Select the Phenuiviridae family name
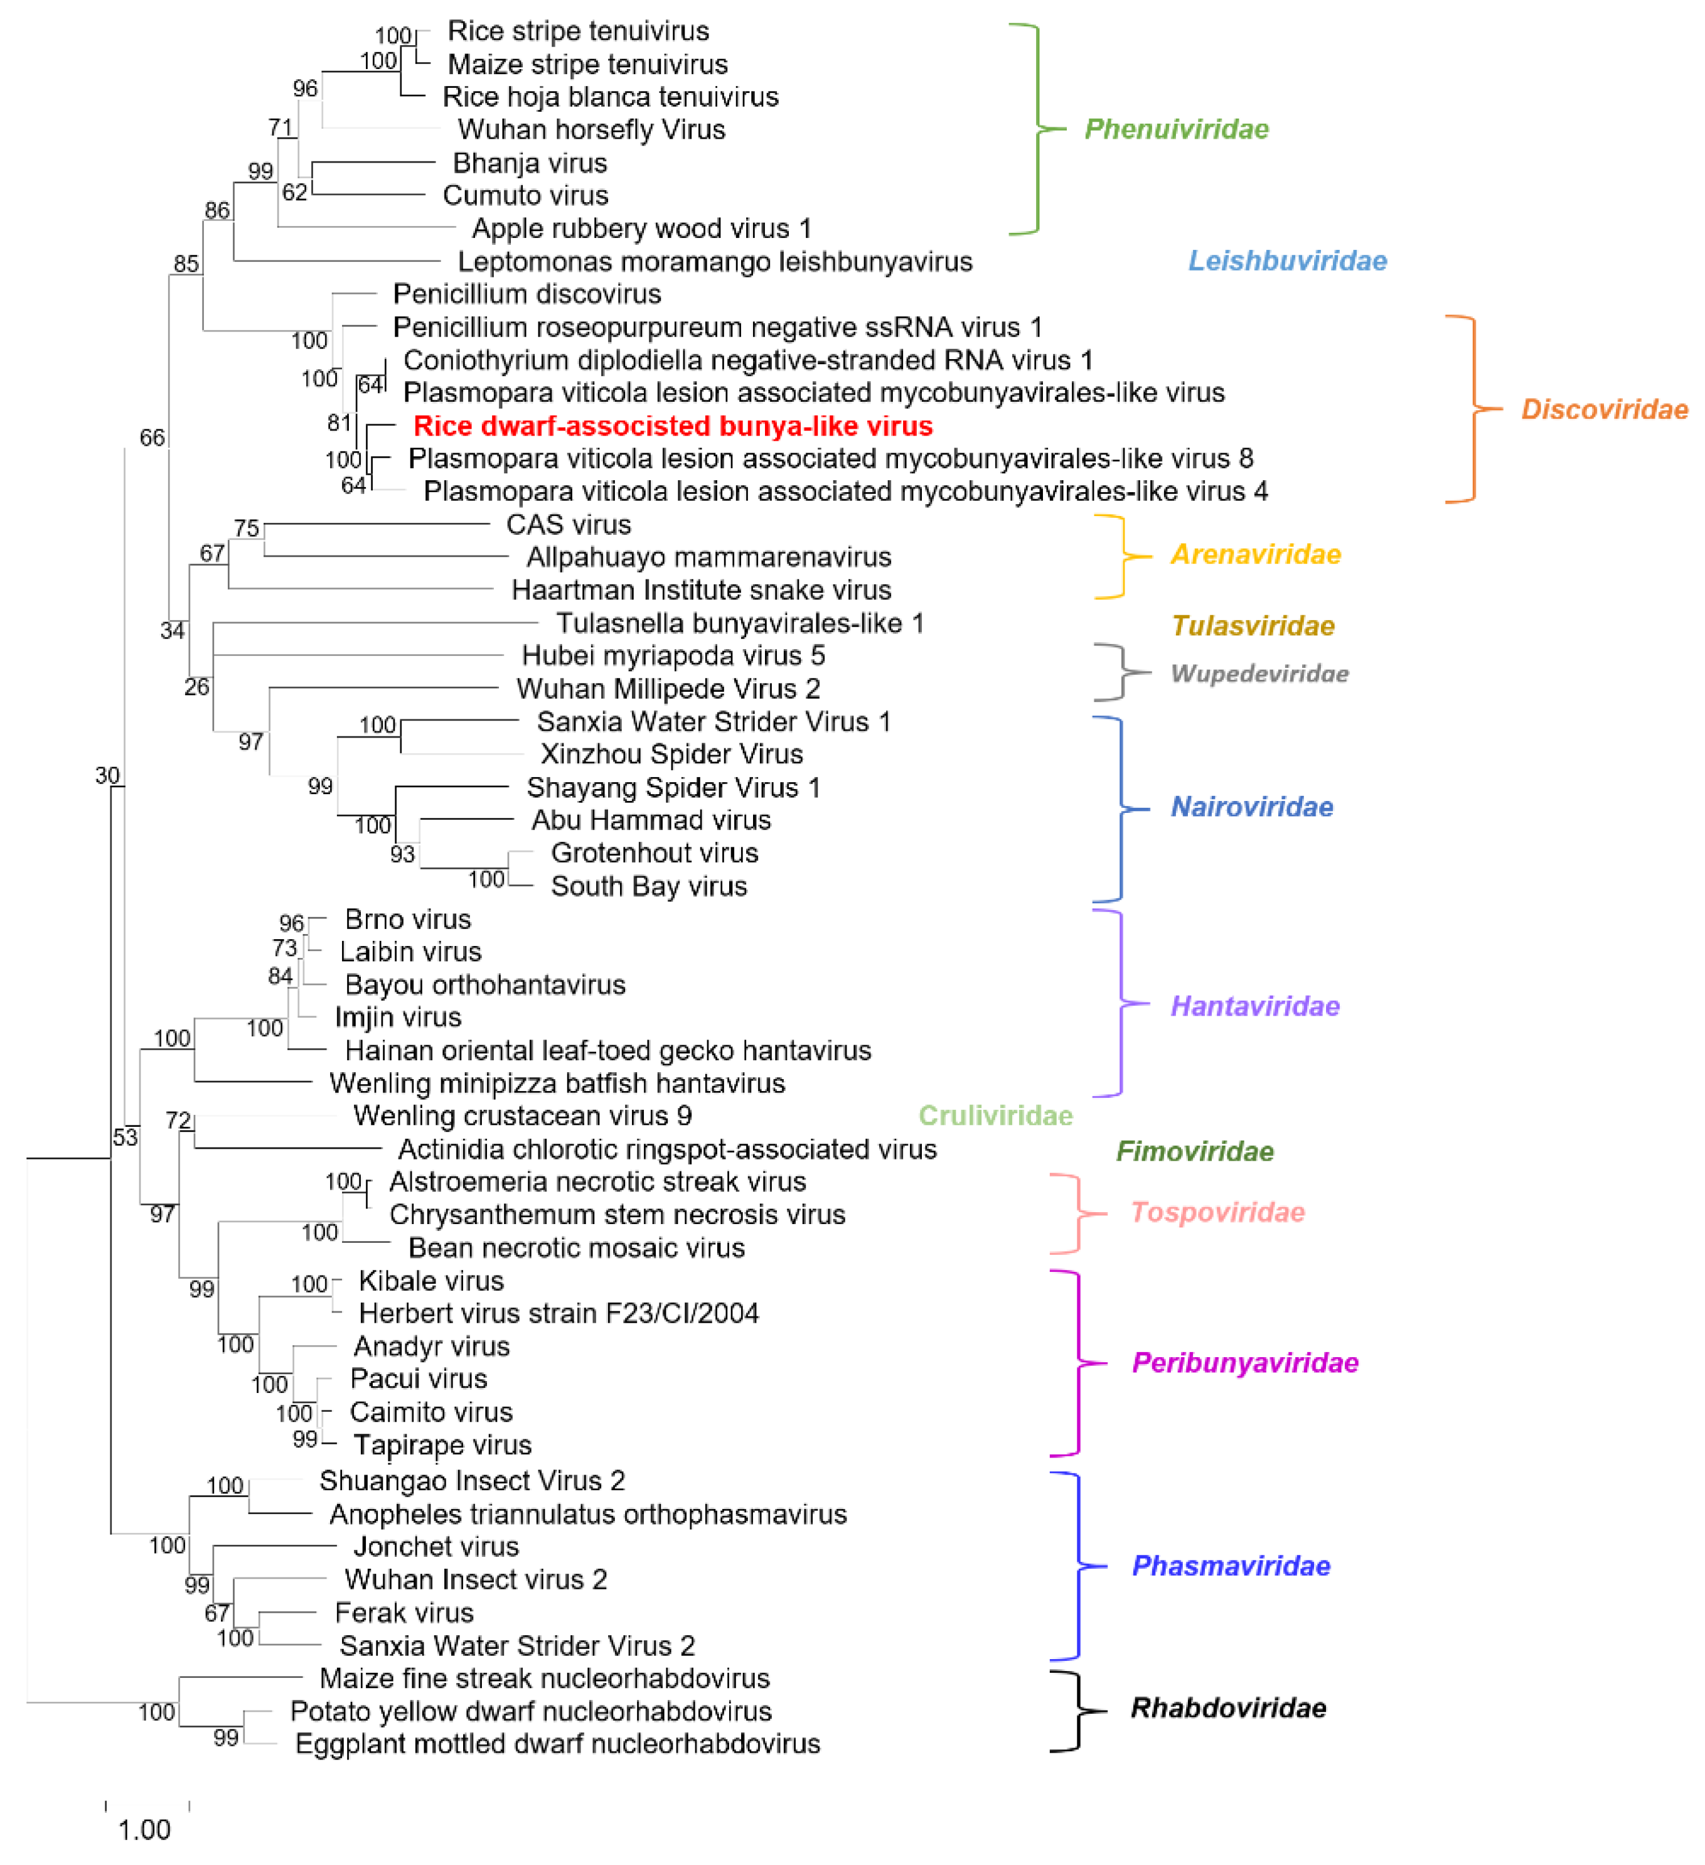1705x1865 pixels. tap(1175, 129)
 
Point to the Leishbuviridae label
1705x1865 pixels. tap(1286, 261)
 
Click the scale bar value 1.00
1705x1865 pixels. tap(144, 1829)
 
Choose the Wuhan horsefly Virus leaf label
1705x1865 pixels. tap(591, 129)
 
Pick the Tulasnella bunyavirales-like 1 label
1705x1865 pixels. tap(739, 623)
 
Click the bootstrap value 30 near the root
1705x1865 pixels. tap(107, 775)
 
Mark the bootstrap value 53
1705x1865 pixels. tap(125, 1137)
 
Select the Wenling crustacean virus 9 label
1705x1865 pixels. tap(522, 1115)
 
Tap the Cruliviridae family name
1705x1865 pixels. tap(995, 1115)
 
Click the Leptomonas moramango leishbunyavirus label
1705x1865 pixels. tap(715, 262)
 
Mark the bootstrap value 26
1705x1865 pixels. tap(196, 686)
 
